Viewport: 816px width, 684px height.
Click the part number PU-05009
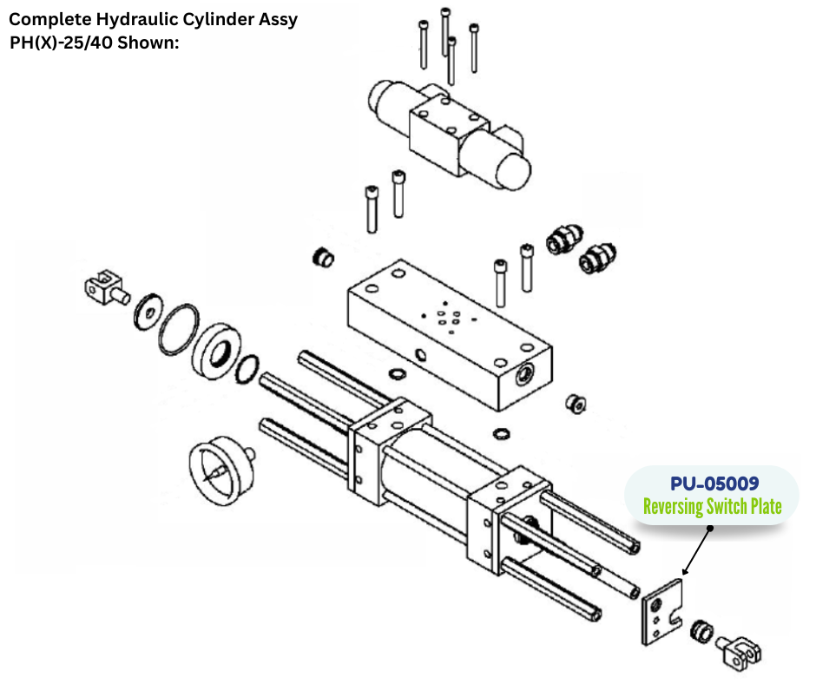(714, 483)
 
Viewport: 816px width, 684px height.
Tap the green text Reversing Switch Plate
(712, 506)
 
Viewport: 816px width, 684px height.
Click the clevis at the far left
(103, 286)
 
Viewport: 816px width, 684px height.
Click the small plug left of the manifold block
(323, 257)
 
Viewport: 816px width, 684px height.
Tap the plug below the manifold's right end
(574, 403)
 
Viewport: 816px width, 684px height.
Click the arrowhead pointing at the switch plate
(685, 572)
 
